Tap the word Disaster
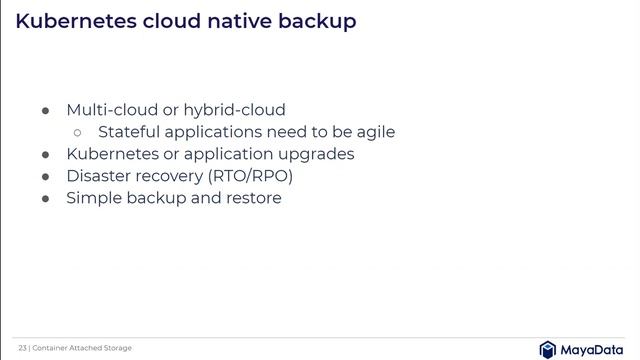[x=98, y=176]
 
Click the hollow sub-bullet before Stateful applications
[x=78, y=132]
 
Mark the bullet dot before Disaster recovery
[x=45, y=176]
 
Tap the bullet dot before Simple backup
[x=45, y=198]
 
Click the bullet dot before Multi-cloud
[x=45, y=110]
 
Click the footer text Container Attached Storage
[x=81, y=348]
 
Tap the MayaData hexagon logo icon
[x=548, y=349]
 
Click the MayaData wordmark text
[x=593, y=349]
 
